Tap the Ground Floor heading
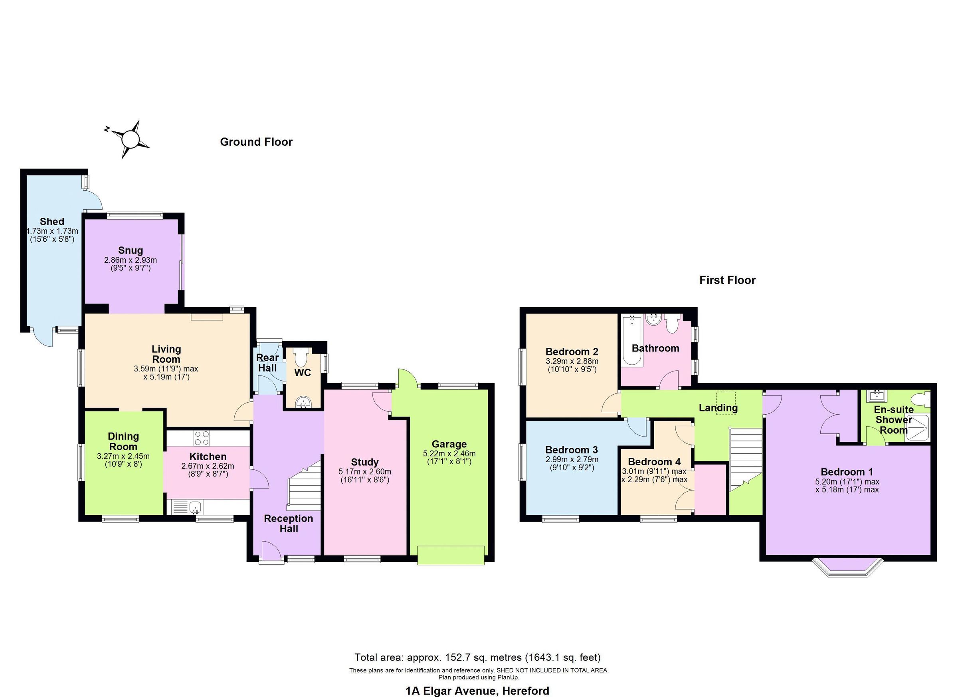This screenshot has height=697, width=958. pos(256,142)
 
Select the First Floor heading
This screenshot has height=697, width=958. pos(727,280)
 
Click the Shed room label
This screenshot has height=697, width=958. pos(52,222)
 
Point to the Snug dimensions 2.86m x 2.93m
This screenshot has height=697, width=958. pos(131,260)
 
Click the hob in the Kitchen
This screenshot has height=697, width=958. pos(202,437)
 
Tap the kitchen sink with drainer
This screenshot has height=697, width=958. pos(187,507)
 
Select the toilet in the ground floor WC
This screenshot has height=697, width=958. pos(301,358)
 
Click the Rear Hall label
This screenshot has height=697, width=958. pos(267,363)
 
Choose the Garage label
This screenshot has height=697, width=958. pos(449,444)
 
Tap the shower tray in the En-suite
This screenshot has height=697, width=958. pos(917,429)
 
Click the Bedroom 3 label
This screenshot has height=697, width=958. pos(571,450)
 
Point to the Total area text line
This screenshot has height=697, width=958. pos(477,657)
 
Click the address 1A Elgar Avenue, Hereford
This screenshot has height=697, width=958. pos(477,691)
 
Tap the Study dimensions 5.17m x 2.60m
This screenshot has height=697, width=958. pos(364,471)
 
